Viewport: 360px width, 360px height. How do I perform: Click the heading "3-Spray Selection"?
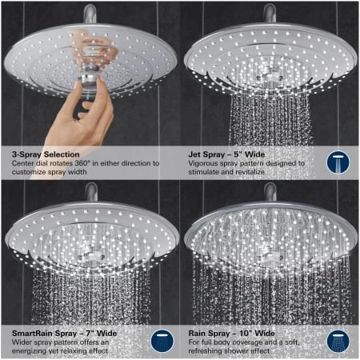(x=46, y=154)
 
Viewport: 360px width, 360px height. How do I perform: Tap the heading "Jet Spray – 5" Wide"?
(x=226, y=154)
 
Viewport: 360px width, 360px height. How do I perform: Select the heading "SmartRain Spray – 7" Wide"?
(x=64, y=334)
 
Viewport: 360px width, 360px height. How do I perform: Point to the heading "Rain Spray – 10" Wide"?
(x=231, y=334)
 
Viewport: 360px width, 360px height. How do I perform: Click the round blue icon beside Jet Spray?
(x=338, y=162)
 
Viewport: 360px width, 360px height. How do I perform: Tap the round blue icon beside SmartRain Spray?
(x=162, y=341)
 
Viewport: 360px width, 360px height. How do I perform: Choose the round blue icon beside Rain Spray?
(x=338, y=341)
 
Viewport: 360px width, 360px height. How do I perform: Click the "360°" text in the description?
(x=82, y=163)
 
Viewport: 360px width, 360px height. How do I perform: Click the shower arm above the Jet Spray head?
(x=270, y=14)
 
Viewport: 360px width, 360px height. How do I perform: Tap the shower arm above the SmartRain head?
(x=91, y=192)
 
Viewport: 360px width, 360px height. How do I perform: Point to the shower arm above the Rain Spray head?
(x=270, y=192)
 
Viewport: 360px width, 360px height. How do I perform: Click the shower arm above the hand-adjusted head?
(x=90, y=14)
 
